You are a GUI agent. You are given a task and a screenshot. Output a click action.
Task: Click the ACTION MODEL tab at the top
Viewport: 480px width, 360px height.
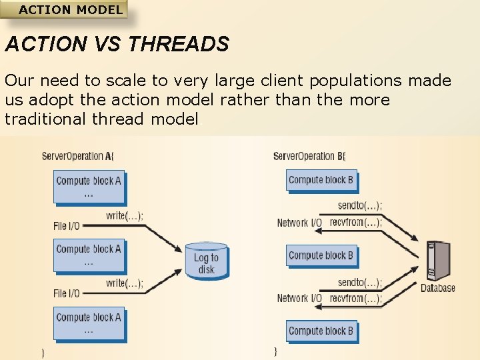pyautogui.click(x=70, y=10)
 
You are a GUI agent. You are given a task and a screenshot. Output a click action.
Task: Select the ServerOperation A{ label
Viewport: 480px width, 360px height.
pyautogui.click(x=78, y=157)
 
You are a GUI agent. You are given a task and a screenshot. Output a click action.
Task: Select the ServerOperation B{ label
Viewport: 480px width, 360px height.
pyautogui.click(x=309, y=157)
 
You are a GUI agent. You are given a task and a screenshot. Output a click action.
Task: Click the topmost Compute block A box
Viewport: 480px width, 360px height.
pyautogui.click(x=89, y=186)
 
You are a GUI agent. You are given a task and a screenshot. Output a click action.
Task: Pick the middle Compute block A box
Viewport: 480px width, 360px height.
pyautogui.click(x=89, y=255)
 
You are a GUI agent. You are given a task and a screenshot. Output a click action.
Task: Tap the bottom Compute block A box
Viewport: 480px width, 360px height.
pyautogui.click(x=89, y=323)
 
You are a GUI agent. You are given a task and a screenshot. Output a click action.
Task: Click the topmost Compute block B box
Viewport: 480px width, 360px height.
pyautogui.click(x=321, y=180)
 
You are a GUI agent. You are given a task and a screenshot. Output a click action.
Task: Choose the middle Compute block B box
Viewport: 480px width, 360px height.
pyautogui.click(x=321, y=255)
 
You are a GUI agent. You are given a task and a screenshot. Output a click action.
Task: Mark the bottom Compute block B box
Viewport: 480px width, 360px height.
pyautogui.click(x=321, y=331)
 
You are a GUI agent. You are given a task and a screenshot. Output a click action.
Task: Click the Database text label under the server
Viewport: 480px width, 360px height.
pyautogui.click(x=437, y=288)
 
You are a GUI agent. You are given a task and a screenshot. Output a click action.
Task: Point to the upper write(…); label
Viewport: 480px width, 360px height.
pyautogui.click(x=124, y=215)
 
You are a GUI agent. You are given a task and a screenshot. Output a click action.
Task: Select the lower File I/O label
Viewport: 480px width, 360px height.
pyautogui.click(x=66, y=293)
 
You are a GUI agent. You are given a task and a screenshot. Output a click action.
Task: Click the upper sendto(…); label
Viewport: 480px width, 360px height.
pyautogui.click(x=359, y=206)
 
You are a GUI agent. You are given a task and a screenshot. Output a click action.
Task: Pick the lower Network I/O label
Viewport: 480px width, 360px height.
pyautogui.click(x=299, y=299)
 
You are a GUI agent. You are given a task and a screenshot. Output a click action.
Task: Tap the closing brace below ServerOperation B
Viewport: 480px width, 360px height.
pyautogui.click(x=275, y=351)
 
